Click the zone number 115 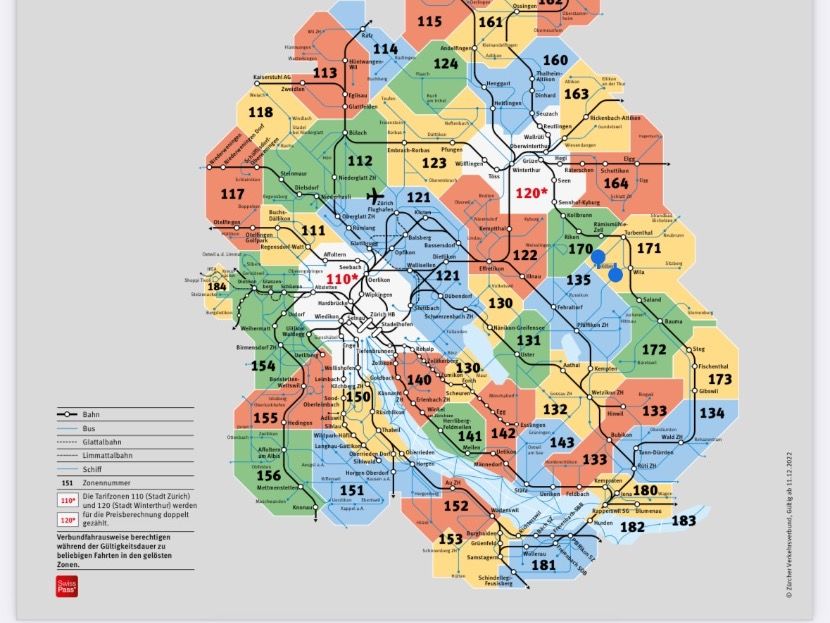pos(430,22)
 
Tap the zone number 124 pos(446,64)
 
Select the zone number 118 pos(260,113)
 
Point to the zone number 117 pos(232,194)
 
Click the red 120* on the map pos(531,193)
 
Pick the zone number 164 pos(616,184)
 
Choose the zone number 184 pos(217,287)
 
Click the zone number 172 pos(654,350)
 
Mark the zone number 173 pos(720,380)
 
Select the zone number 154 pos(263,366)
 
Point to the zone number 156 pos(268,476)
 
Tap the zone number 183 pos(683,521)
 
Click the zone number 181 pos(544,565)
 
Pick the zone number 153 pos(450,539)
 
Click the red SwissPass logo pos(66,586)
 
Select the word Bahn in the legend pos(91,414)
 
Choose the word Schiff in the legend pos(93,469)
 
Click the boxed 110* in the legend pos(67,501)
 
